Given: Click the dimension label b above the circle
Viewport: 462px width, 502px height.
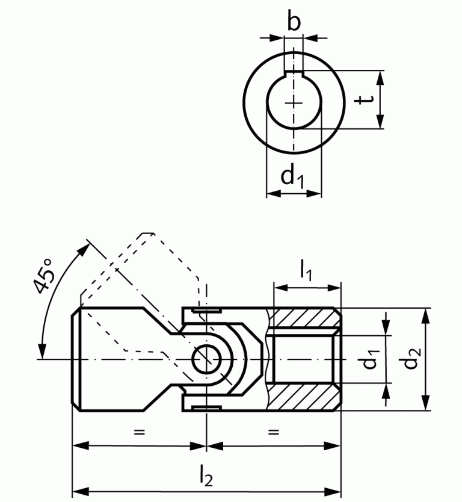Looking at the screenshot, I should [x=294, y=22].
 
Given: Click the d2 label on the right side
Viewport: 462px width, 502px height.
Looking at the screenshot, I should [x=411, y=359].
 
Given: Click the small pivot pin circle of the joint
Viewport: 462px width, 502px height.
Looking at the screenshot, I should [x=206, y=359].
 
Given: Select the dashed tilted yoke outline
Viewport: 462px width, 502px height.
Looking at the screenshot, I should [x=144, y=265].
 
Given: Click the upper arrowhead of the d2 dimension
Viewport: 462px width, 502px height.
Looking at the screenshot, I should [x=427, y=314].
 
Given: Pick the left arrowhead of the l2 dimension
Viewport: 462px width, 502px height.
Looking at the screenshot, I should [x=77, y=489].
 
